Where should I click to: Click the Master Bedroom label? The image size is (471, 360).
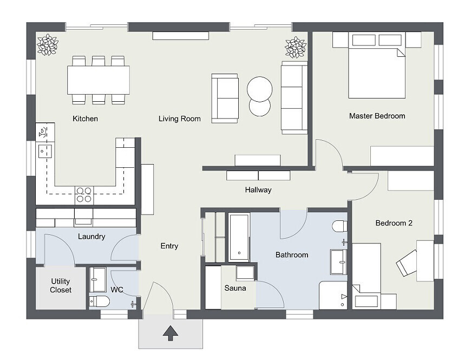pyautogui.click(x=377, y=116)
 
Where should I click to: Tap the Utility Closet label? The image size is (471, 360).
pyautogui.click(x=61, y=285)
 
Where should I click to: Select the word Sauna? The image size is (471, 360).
pyautogui.click(x=235, y=288)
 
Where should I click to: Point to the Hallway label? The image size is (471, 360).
pyautogui.click(x=258, y=190)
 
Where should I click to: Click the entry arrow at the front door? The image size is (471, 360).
pyautogui.click(x=171, y=333)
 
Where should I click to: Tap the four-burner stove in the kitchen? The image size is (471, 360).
pyautogui.click(x=84, y=194)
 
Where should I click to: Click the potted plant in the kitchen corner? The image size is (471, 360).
pyautogui.click(x=47, y=45)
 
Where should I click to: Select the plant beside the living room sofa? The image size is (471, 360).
pyautogui.click(x=296, y=47)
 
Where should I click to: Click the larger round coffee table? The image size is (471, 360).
pyautogui.click(x=259, y=89)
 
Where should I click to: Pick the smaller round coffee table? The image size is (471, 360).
pyautogui.click(x=259, y=107)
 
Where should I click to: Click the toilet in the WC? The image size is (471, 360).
pyautogui.click(x=100, y=301)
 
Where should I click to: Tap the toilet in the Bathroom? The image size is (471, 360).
pyautogui.click(x=340, y=226)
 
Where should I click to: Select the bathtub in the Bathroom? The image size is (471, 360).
pyautogui.click(x=239, y=237)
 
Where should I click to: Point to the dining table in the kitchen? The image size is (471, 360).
pyautogui.click(x=99, y=80)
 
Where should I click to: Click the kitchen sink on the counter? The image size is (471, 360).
pyautogui.click(x=45, y=150)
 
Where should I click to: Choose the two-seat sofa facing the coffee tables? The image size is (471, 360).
pyautogui.click(x=225, y=98)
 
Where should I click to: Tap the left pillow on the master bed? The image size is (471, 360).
pyautogui.click(x=364, y=40)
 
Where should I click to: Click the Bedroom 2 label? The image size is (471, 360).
pyautogui.click(x=394, y=223)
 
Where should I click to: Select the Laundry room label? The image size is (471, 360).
pyautogui.click(x=91, y=237)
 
